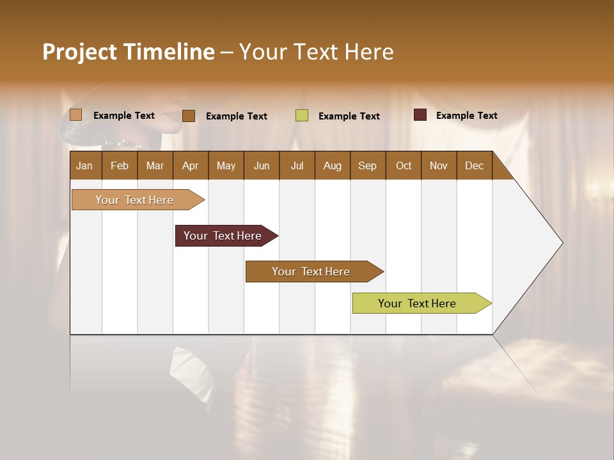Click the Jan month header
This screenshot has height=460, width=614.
[x=84, y=165]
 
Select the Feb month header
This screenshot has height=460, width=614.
[x=120, y=165]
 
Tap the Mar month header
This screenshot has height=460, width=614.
[x=155, y=165]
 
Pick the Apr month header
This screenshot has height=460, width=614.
[x=190, y=165]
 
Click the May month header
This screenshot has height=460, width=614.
[x=226, y=165]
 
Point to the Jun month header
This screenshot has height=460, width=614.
[x=262, y=165]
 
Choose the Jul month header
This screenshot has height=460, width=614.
[x=297, y=165]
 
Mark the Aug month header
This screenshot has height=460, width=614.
[x=333, y=165]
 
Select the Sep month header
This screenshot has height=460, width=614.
[x=367, y=165]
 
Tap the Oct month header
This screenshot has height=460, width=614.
[x=404, y=165]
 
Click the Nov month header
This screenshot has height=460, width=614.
[x=439, y=165]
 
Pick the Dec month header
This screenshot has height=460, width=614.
[x=474, y=165]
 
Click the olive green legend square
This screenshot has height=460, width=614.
[x=302, y=116]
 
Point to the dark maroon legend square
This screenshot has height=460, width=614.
[x=420, y=115]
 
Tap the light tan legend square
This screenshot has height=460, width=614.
[x=76, y=115]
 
